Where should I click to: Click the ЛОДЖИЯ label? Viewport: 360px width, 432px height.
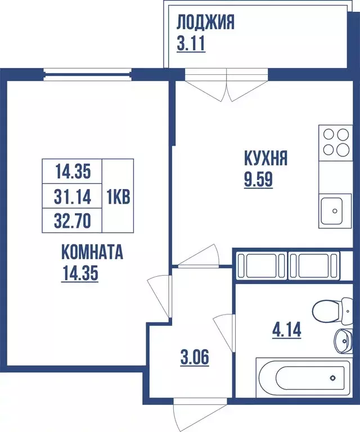coord(205,22)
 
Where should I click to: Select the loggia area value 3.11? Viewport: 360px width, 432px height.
coord(191,44)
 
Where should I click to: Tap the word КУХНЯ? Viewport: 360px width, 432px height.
coord(265,158)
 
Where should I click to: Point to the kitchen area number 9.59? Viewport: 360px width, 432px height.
coord(258,182)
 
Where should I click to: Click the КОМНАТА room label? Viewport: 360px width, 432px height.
coord(92,252)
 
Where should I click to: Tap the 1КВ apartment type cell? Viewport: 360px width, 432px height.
coord(118,196)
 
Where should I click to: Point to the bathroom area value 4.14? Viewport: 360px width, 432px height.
coord(286,329)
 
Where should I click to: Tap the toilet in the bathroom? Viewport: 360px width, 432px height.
coord(328,310)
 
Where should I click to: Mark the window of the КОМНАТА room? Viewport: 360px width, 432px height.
coord(87,75)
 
